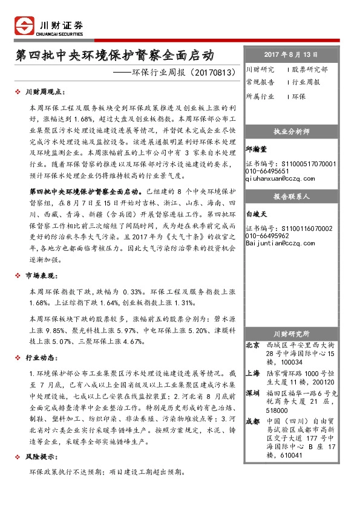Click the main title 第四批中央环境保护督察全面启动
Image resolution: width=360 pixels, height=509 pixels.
click(115, 56)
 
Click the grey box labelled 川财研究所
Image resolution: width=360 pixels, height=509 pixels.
click(292, 333)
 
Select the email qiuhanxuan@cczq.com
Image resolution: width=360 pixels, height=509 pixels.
click(280, 179)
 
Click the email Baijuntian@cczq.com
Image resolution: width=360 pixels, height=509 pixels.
click(278, 243)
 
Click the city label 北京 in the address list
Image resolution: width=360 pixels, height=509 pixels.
click(252, 345)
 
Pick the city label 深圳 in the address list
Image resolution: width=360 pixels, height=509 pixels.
click(252, 393)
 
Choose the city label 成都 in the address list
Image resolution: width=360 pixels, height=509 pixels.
click(252, 421)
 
